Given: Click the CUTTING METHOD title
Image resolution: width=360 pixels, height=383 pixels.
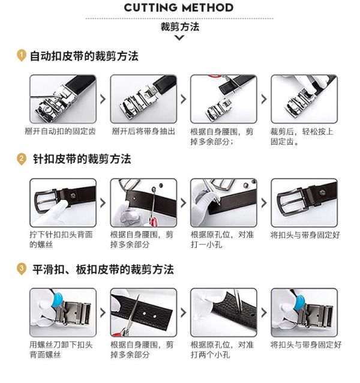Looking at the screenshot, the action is pyautogui.click(x=178, y=7).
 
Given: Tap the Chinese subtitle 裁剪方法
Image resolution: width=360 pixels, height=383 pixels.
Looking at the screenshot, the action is pyautogui.click(x=180, y=26).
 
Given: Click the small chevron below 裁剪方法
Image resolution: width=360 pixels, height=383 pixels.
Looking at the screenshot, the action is pyautogui.click(x=179, y=38).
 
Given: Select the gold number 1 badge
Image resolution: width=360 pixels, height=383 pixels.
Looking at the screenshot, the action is pyautogui.click(x=22, y=55).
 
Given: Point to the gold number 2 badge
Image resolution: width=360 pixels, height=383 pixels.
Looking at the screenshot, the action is pyautogui.click(x=22, y=158).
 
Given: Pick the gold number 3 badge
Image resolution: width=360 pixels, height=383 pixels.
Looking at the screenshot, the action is pyautogui.click(x=22, y=269).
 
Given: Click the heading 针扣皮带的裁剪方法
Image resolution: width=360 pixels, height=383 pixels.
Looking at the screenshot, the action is pyautogui.click(x=82, y=159).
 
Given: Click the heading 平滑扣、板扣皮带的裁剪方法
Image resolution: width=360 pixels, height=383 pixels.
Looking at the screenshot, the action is pyautogui.click(x=103, y=270).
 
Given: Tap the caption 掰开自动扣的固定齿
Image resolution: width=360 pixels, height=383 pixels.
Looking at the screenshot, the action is pyautogui.click(x=60, y=131).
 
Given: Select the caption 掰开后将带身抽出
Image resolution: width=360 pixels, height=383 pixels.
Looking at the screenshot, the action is pyautogui.click(x=143, y=131).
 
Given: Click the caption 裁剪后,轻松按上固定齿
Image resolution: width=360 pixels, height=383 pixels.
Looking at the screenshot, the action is pyautogui.click(x=302, y=136).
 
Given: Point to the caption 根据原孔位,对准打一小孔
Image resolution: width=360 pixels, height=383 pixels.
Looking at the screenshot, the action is pyautogui.click(x=223, y=240).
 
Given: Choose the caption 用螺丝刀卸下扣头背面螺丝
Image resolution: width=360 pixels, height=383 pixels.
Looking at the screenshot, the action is pyautogui.click(x=61, y=349).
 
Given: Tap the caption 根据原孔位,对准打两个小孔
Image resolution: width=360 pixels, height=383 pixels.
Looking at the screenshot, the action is pyautogui.click(x=223, y=349).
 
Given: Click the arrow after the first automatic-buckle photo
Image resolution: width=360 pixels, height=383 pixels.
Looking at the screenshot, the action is pyautogui.click(x=103, y=99).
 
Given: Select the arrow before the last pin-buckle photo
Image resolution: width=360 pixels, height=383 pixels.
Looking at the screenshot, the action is pyautogui.click(x=264, y=203).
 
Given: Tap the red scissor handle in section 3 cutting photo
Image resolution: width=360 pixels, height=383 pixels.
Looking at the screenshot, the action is pyautogui.click(x=119, y=333).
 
